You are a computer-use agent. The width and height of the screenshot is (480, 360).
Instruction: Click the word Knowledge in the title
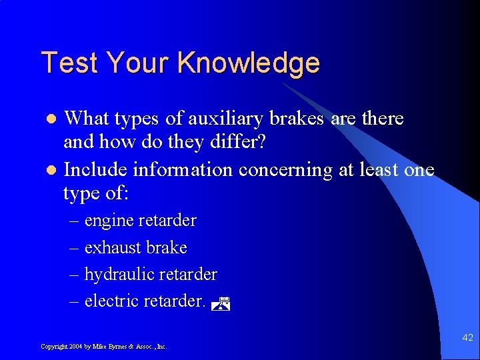[249, 63]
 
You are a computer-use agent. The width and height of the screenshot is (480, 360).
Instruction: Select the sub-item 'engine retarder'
[140, 220]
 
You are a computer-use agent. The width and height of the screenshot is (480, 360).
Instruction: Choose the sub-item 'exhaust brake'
[135, 247]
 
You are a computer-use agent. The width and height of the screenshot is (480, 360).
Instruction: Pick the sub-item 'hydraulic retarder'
[151, 274]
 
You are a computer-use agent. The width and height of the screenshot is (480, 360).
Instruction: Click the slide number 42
[467, 338]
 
